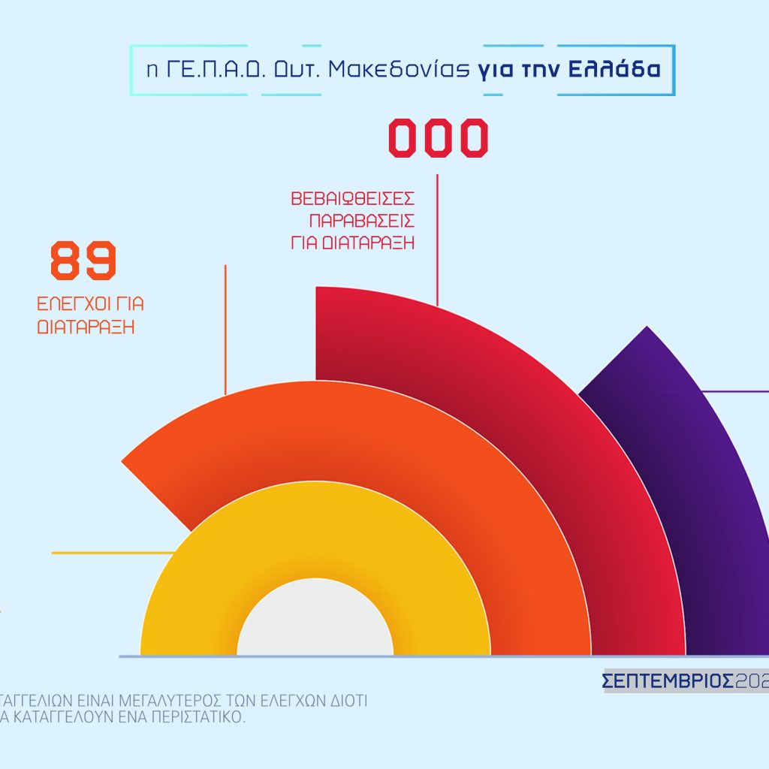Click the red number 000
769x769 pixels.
(438, 139)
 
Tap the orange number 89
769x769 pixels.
(83, 261)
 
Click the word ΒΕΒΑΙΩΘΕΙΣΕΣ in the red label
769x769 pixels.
(352, 200)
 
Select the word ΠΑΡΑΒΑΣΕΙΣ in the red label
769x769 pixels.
(362, 222)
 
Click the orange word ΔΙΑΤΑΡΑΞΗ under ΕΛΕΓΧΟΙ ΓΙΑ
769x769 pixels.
(86, 327)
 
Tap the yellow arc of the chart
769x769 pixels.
(188, 601)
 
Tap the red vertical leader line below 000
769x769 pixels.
(437, 240)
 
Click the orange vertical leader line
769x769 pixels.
(225, 330)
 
